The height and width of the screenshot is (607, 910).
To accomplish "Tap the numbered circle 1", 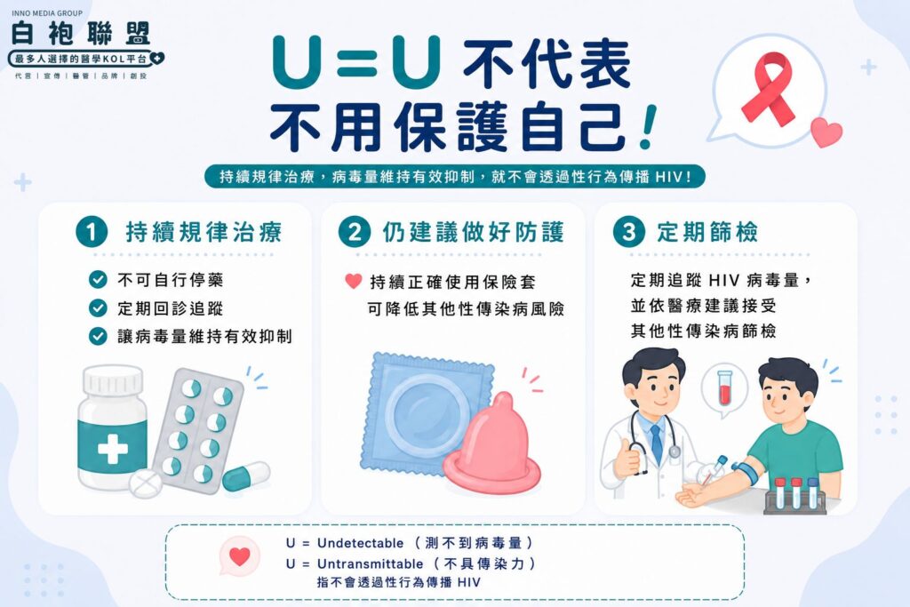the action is pos(92,232).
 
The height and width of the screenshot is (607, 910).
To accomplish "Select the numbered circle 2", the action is pos(354,232).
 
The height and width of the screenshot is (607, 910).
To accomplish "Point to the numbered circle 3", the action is pos(628,232).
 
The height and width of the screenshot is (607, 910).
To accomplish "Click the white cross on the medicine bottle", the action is pos(113,449).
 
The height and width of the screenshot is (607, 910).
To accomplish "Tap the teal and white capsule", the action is pos(246,475).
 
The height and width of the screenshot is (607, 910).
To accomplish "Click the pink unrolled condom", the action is pos(491,444).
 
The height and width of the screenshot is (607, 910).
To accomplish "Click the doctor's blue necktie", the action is pos(657,444).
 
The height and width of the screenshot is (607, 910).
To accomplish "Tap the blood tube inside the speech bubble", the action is pos(723,387).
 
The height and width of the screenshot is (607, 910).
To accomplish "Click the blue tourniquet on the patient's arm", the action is pos(745,472).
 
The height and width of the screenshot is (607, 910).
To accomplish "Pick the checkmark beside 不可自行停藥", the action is pos(98,279).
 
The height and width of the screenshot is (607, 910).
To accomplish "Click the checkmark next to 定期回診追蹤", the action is pos(98,307).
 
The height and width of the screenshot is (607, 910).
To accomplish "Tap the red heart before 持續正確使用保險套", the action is pos(354,281).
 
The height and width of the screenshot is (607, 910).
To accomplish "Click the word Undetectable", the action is pos(360,543).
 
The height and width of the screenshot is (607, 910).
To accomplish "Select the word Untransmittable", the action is pos(371,563).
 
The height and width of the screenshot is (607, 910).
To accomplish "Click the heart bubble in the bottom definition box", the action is pos(240,556).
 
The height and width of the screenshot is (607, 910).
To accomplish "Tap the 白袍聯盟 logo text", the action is pos(81,33).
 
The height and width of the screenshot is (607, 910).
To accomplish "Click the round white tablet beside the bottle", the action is pos(145,483).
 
